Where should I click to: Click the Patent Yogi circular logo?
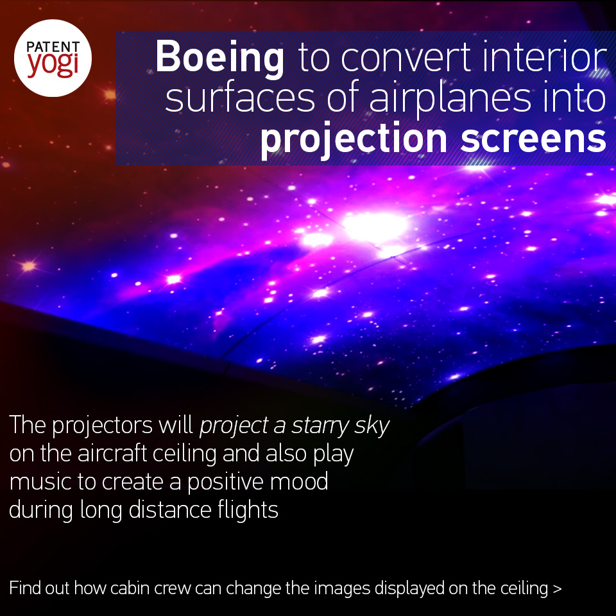[x=53, y=58]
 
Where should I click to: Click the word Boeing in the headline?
[x=219, y=58]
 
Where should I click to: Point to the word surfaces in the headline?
[x=240, y=98]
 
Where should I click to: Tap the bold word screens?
[x=533, y=139]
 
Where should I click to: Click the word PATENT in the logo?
[x=53, y=47]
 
